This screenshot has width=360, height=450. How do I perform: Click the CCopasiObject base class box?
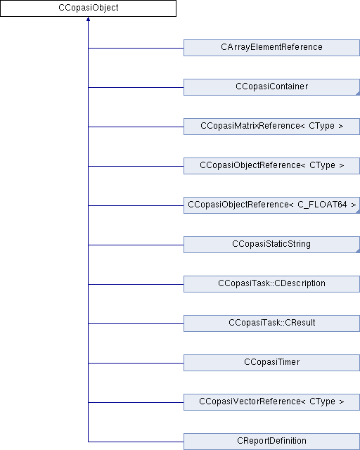[88, 8]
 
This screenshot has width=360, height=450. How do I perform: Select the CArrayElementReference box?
[271, 48]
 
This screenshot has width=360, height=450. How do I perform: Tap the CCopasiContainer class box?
[271, 87]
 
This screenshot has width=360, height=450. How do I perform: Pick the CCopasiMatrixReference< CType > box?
[271, 127]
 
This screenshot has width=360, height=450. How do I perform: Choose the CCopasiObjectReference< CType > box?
[271, 166]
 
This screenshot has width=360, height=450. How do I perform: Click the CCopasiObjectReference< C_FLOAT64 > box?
[271, 205]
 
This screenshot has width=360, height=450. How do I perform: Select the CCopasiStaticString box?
[271, 245]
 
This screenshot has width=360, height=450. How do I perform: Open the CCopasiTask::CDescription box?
[271, 284]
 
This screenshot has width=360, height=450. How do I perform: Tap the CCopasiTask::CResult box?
[271, 323]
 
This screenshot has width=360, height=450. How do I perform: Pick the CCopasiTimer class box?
[271, 363]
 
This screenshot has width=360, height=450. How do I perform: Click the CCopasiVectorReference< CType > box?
[271, 401]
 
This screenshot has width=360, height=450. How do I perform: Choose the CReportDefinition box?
[271, 442]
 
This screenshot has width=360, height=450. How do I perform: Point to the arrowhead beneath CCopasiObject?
[88, 19]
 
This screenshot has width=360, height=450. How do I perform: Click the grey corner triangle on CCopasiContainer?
[359, 94]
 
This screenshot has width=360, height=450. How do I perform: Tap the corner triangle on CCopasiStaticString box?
[359, 251]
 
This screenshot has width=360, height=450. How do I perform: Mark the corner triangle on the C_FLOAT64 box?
[359, 212]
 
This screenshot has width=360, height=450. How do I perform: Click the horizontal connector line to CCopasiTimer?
[136, 363]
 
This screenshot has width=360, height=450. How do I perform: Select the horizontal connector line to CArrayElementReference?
[136, 48]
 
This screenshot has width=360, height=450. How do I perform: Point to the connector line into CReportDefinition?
[136, 442]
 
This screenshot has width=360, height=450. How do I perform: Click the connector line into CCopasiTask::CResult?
[136, 323]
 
